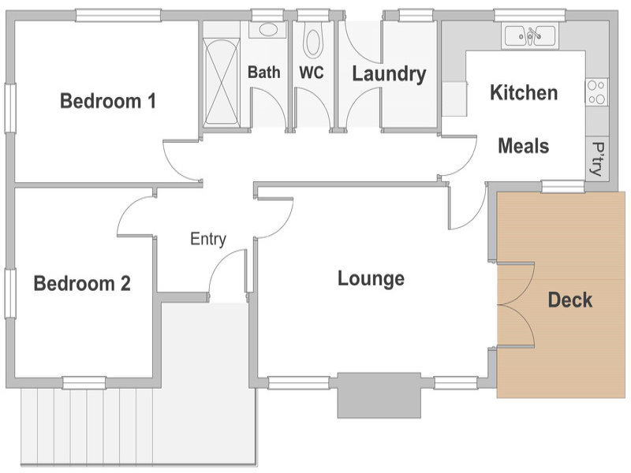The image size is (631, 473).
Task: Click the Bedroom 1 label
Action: coord(108,101)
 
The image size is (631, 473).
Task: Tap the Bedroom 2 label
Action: coord(82,284)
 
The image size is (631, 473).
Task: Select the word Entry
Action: coord(208,240)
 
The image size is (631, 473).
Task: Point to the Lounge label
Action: coord(371,279)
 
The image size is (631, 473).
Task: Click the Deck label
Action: coord(570,300)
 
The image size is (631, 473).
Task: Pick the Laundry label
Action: coord(389,74)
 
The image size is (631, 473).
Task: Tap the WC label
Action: coord(312,73)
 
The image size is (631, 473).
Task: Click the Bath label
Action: coord(264,73)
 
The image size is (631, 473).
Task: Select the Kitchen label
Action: coord(524,92)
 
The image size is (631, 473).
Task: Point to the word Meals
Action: coord(524,146)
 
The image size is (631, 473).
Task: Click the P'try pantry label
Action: coord(598,159)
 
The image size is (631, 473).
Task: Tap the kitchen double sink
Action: coord(530,35)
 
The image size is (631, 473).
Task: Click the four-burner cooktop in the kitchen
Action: coord(596,92)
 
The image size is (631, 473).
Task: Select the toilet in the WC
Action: coord(313,39)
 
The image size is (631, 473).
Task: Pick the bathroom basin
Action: coord(267,30)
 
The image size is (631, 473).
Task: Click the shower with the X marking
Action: coord(222,83)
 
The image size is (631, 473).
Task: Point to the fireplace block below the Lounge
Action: coord(379,396)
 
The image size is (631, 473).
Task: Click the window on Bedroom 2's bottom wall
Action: coord(84,382)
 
